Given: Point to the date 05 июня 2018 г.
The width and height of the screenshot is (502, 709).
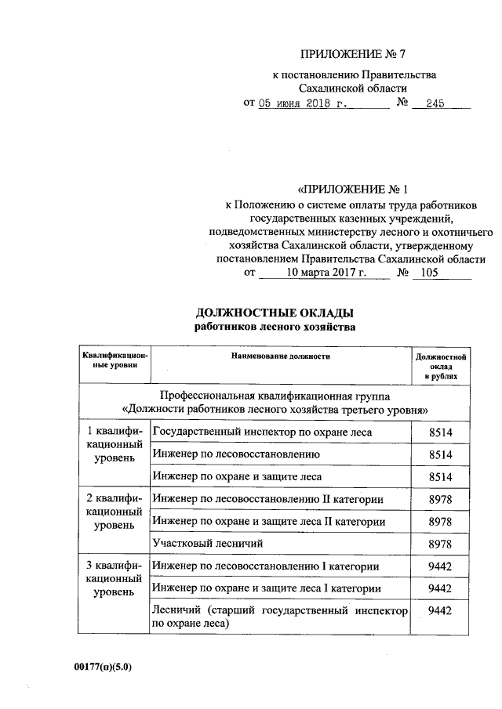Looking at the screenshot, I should point(302,103).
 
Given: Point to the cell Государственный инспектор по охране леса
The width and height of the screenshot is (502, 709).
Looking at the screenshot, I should point(262,432).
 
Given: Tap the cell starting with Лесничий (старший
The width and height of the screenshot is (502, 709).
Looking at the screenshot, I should point(280,617).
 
